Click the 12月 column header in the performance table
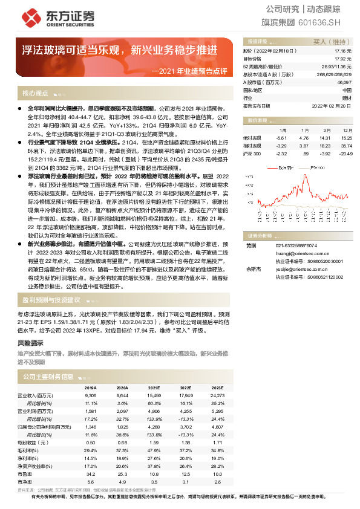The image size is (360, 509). [347, 130]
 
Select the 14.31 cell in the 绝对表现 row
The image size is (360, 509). [328, 138]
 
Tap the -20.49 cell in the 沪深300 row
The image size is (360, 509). [346, 154]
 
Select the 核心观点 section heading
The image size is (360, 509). [35, 94]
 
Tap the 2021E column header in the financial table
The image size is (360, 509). [154, 387]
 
